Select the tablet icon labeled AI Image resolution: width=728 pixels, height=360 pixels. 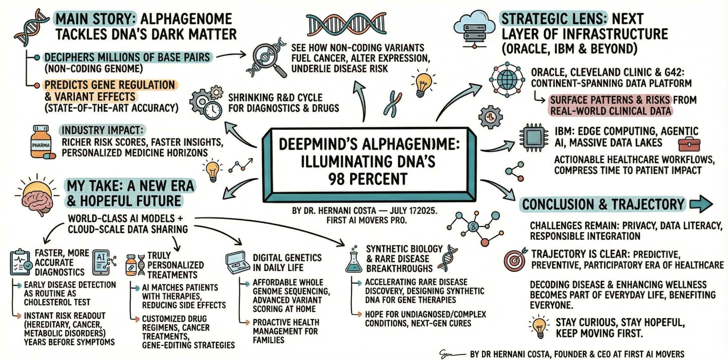click(101, 262)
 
